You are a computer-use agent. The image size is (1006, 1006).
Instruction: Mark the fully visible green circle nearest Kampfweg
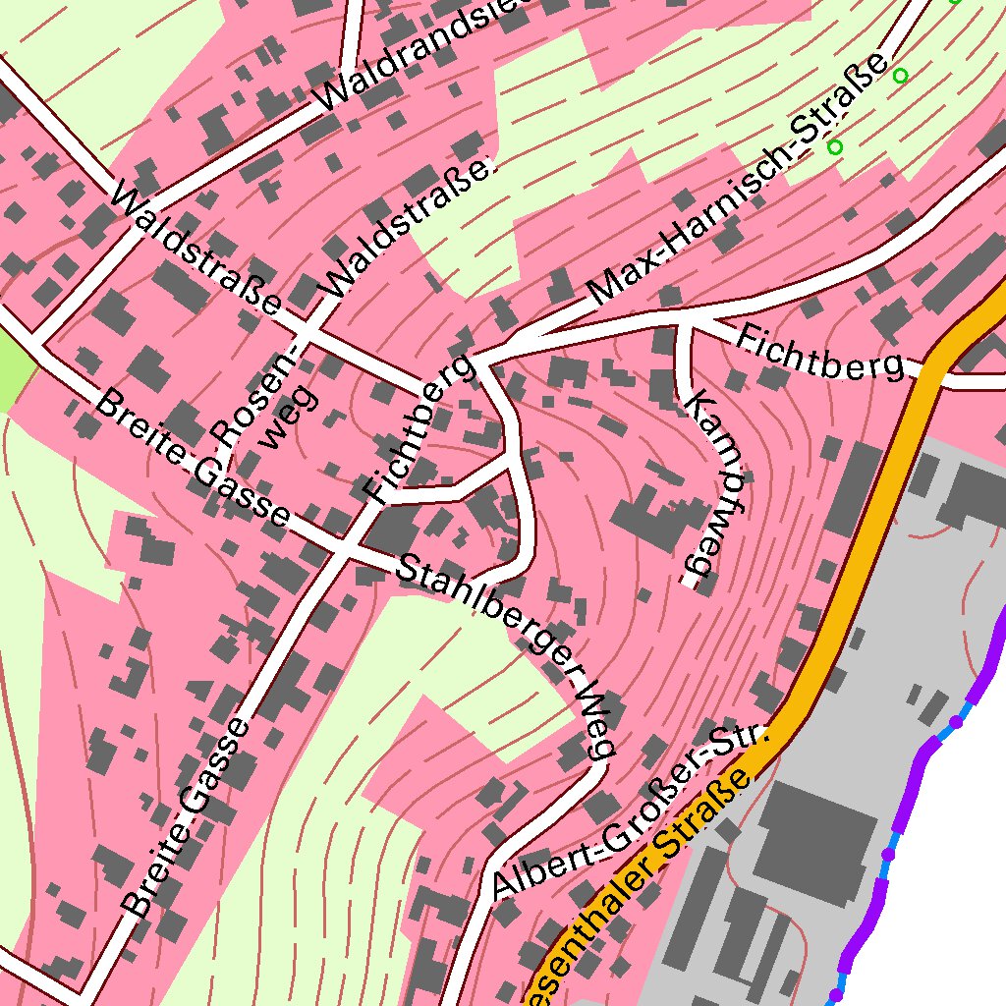pyautogui.click(x=835, y=146)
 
